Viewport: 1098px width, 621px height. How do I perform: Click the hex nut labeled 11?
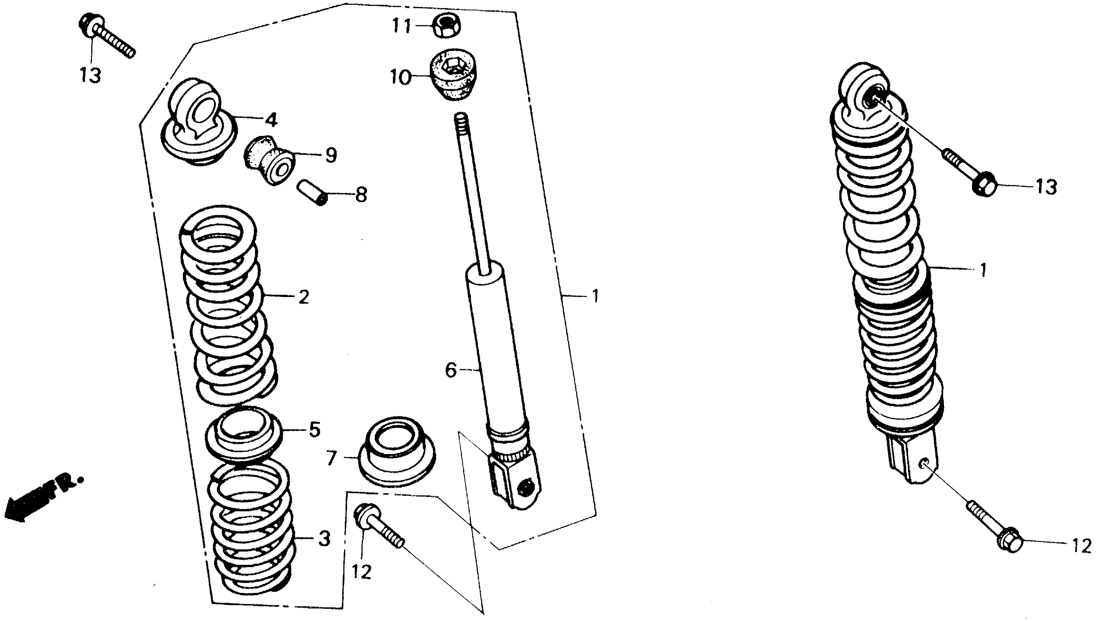point(446,26)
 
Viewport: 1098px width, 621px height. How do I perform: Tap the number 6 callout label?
point(451,370)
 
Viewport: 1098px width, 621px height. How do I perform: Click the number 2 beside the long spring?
point(303,297)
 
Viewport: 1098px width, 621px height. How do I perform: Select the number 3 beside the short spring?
point(324,539)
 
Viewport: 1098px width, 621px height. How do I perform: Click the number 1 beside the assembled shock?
point(983,270)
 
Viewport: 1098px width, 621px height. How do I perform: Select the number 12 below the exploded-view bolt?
point(362,572)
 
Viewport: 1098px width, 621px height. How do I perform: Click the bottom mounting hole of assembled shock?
point(924,464)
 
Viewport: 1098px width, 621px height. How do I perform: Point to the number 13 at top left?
point(90,76)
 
